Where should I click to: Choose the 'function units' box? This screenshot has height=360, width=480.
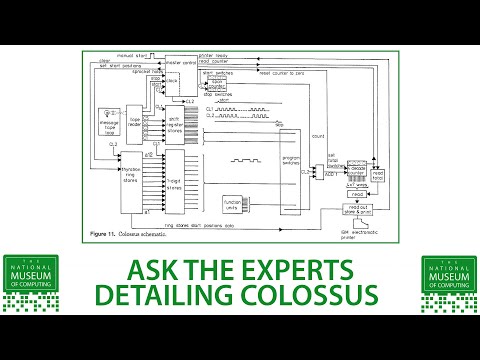tap(234, 204)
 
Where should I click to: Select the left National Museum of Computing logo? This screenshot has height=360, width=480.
tap(31, 282)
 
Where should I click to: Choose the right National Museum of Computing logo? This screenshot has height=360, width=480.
tap(449, 282)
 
